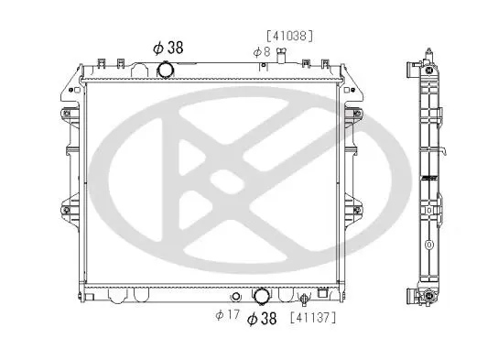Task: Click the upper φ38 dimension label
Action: pyautogui.click(x=168, y=48)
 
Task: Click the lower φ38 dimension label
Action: pyautogui.click(x=262, y=318)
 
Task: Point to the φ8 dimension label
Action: pyautogui.click(x=262, y=52)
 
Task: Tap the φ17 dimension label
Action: pyautogui.click(x=227, y=315)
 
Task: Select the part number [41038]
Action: pyautogui.click(x=289, y=36)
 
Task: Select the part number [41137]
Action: pyautogui.click(x=313, y=318)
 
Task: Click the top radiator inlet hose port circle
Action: pyautogui.click(x=166, y=70)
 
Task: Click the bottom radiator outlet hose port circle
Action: pyautogui.click(x=262, y=296)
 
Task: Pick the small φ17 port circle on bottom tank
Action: pyautogui.click(x=235, y=297)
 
